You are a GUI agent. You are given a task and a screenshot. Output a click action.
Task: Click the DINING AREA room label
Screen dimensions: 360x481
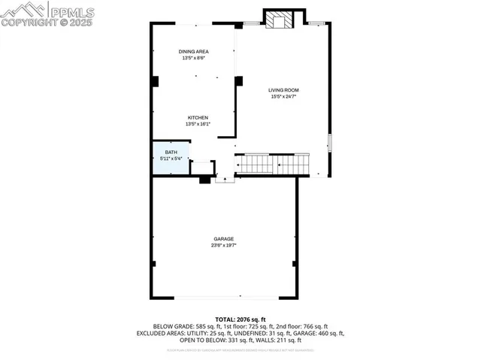point(192,51)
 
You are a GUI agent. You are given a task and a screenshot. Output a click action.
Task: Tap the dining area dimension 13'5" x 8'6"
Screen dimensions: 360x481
point(192,58)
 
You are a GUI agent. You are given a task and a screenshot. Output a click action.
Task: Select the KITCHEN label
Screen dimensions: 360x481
point(198,117)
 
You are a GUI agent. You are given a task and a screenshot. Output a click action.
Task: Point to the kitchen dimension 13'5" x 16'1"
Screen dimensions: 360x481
point(198,124)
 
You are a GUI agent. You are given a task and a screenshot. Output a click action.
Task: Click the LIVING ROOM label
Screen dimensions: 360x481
point(283,89)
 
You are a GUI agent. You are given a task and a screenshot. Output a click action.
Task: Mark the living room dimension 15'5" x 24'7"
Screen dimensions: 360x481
point(283,96)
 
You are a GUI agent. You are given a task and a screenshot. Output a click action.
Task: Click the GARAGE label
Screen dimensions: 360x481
point(222,239)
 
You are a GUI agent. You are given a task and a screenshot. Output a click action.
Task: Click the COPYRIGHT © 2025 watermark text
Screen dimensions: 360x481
point(47,23)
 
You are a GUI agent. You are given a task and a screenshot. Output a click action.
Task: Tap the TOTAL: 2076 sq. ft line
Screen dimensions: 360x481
point(240,319)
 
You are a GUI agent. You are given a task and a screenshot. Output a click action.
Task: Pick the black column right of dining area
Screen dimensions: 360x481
point(238,81)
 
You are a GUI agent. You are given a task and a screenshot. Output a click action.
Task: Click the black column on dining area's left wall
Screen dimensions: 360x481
point(154,81)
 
